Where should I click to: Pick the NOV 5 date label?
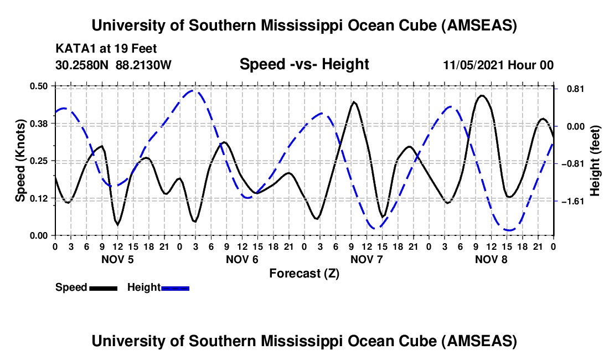tap(117, 259)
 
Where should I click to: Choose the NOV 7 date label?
tap(367, 259)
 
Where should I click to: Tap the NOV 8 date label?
tap(491, 259)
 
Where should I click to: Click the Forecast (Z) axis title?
tap(304, 273)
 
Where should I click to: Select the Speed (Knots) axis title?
tap(20, 161)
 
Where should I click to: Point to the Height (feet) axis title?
tap(595, 161)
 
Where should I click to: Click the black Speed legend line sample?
tap(103, 287)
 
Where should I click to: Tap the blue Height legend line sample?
tap(176, 287)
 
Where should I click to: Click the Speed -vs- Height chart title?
tap(304, 64)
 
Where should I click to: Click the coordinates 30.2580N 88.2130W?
tap(113, 65)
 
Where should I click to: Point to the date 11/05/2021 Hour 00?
tap(498, 65)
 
